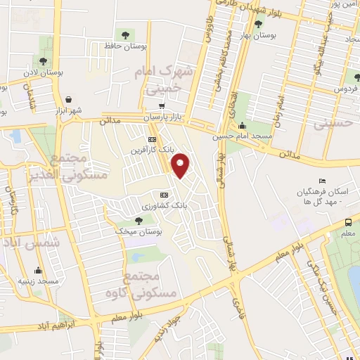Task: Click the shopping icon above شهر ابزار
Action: pyautogui.click(x=68, y=99)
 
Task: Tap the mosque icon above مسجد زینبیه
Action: pyautogui.click(x=38, y=270)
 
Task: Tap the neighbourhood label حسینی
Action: pyautogui.click(x=331, y=124)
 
